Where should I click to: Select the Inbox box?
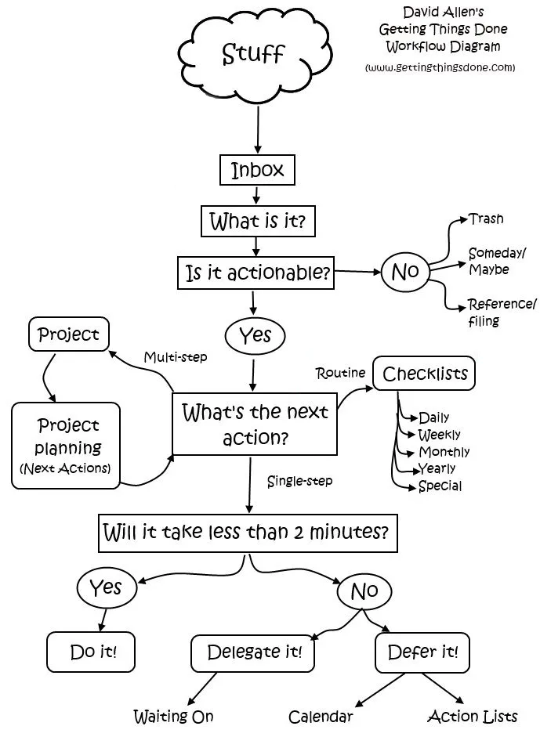coord(257,170)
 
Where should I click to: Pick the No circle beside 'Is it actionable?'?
coord(405,272)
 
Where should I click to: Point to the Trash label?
coord(486,219)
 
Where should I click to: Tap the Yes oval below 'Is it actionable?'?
coord(255,335)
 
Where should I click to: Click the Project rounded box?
coord(69,334)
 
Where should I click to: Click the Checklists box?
coord(424,374)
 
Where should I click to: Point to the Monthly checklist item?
coord(444,452)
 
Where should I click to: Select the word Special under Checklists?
coord(440,486)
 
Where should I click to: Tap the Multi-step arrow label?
coord(176,357)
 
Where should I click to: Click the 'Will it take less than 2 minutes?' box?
coord(246,533)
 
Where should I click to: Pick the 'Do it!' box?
coord(93,651)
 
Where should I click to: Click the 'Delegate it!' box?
coord(253,652)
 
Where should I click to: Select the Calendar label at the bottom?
coord(321,717)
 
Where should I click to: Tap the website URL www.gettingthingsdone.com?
coord(440,67)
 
